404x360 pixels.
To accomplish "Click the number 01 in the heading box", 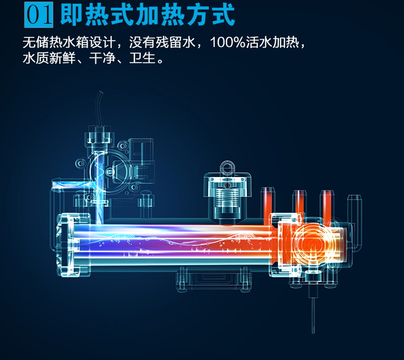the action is point(39,14).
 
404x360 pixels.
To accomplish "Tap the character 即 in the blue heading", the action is point(71,15).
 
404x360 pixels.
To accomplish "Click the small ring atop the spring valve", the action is point(228,168).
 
